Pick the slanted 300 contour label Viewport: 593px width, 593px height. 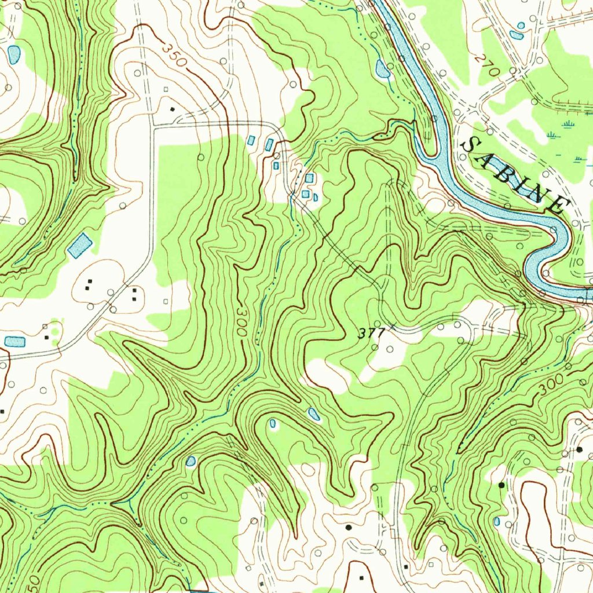pos(554,386)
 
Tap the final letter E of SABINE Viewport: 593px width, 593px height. pos(558,203)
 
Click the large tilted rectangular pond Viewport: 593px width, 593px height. pos(80,246)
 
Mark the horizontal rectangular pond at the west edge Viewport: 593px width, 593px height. pos(14,341)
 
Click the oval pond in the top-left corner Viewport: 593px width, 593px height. pos(14,54)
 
